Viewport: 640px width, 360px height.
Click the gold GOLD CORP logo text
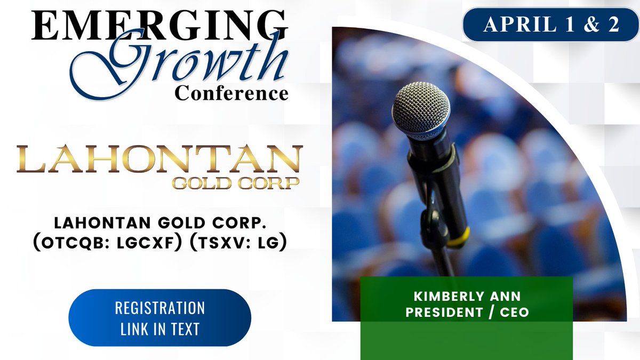pyautogui.click(x=235, y=182)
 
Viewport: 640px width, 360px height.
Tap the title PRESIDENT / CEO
pyautogui.click(x=467, y=313)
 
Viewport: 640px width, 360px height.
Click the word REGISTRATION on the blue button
pyautogui.click(x=160, y=308)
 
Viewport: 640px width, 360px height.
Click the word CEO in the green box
pyautogui.click(x=515, y=313)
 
